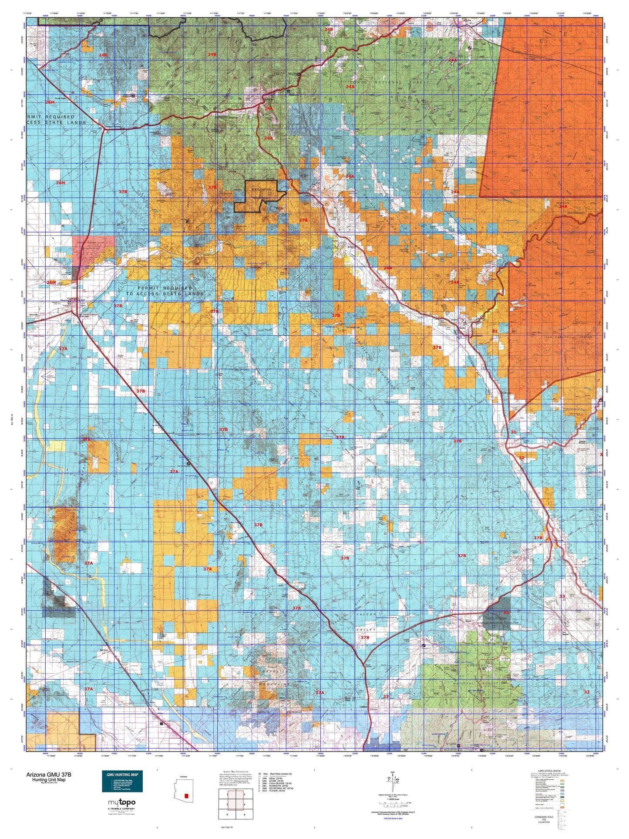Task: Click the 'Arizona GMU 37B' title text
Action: point(48,775)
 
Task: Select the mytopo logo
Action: point(122,802)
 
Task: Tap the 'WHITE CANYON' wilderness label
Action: point(261,190)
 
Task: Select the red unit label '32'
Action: point(521,458)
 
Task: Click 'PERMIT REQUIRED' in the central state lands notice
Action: point(165,288)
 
